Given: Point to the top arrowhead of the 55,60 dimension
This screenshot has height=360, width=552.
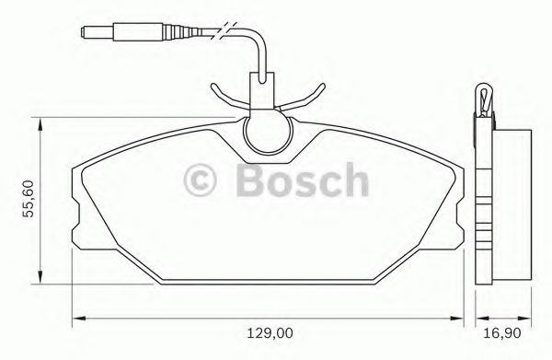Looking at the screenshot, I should pos(39,124).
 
